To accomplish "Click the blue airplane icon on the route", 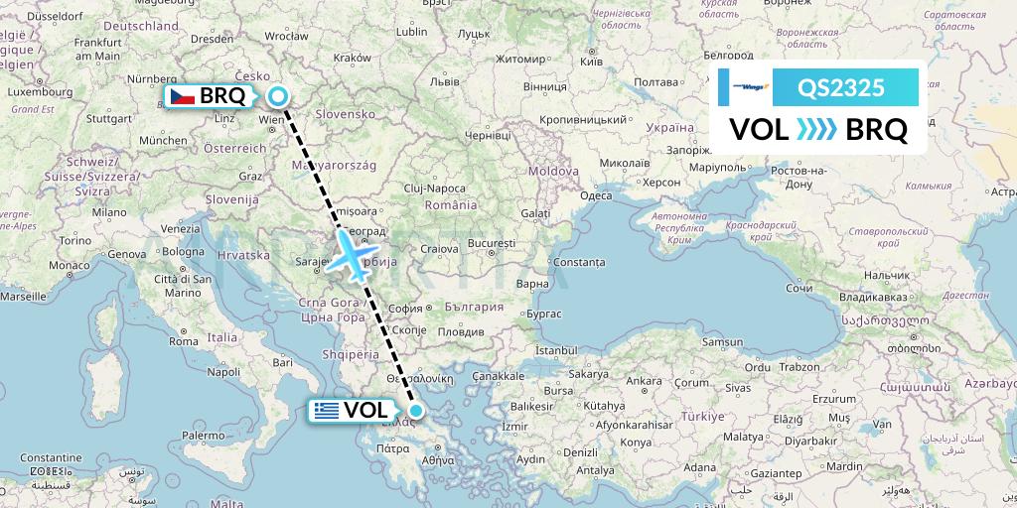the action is pos(352,253).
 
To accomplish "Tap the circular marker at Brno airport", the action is pos(278,96).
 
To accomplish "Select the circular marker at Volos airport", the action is pos(417,410).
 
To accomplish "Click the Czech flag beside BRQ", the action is pos(181,96).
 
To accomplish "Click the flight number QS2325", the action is pos(841,87).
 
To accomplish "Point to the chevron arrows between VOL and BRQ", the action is pos(817,130).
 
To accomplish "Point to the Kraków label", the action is pos(352,59).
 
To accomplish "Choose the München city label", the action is pos(163,141).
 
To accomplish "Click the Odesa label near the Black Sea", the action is pos(596,195).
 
